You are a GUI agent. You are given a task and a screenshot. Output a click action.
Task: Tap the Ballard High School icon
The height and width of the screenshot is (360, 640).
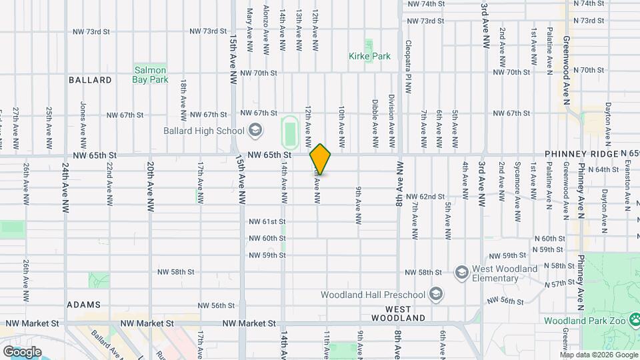click(x=255, y=131)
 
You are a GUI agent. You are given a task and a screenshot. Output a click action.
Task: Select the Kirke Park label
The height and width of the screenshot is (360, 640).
click(x=369, y=57)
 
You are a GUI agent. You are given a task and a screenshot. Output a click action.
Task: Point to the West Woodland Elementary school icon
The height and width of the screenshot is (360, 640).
click(x=461, y=272)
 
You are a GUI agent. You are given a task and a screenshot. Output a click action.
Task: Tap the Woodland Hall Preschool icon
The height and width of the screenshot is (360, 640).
click(x=435, y=294)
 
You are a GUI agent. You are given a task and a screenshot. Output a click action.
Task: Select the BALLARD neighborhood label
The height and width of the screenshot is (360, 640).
click(x=90, y=80)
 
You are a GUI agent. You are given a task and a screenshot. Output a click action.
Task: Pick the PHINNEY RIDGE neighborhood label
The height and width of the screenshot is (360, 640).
click(x=582, y=154)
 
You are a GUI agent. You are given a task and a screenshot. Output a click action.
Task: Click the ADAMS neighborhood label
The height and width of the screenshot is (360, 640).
click(x=83, y=305)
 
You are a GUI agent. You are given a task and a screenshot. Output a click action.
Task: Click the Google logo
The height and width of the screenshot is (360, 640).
click(x=22, y=351)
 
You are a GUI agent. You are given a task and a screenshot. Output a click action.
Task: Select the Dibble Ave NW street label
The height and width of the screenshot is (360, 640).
click(x=375, y=124)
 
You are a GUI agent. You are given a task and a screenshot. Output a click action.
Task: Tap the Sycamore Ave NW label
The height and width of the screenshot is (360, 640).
click(x=517, y=199)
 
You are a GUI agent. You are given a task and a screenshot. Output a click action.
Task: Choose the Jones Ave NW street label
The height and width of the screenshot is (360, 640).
click(x=83, y=125)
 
